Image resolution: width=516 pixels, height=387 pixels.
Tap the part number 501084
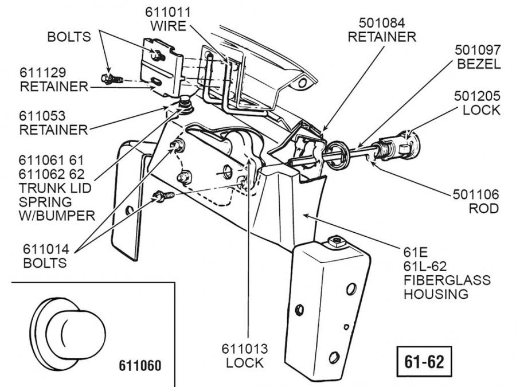[383, 23]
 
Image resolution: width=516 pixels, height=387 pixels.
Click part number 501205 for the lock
[477, 95]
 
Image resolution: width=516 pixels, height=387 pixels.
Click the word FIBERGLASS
[447, 280]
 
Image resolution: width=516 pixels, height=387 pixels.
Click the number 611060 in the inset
[140, 365]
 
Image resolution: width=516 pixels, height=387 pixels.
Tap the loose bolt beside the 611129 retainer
[108, 77]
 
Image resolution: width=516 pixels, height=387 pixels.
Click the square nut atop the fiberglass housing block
[335, 243]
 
